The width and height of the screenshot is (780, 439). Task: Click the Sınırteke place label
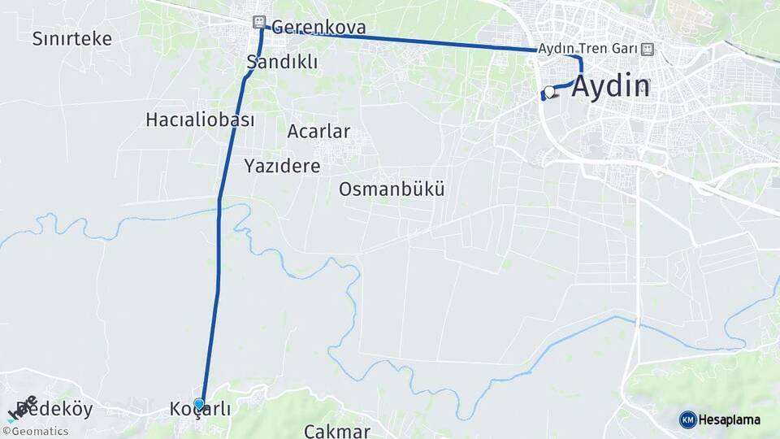click(72, 38)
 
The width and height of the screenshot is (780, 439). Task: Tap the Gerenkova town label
click(318, 27)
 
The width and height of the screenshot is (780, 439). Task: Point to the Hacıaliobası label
click(200, 120)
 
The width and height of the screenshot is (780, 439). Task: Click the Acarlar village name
click(318, 131)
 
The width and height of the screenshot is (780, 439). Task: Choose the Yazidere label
click(282, 166)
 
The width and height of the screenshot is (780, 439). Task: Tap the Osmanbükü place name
click(392, 189)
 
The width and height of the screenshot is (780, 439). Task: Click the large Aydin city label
click(611, 86)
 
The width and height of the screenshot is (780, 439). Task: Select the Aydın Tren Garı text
click(587, 49)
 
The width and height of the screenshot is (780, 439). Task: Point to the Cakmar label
click(336, 430)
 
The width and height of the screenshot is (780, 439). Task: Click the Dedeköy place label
click(55, 409)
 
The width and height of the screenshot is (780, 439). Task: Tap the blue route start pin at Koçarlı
click(199, 402)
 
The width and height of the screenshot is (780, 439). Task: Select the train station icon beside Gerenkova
click(258, 22)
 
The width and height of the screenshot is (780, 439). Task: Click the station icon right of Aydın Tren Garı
click(646, 49)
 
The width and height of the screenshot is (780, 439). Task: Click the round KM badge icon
click(688, 419)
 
